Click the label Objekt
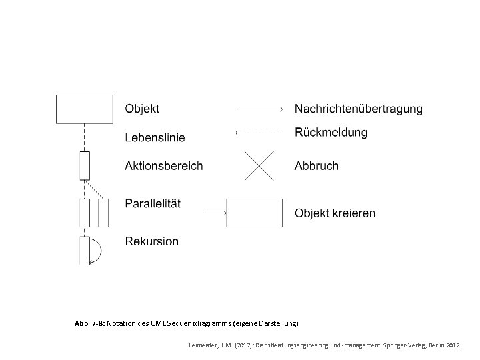click(142, 108)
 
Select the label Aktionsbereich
click(163, 165)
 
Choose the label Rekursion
click(151, 241)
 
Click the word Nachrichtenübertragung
click(358, 108)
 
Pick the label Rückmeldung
click(331, 133)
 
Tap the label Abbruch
click(316, 165)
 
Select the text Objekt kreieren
click(335, 213)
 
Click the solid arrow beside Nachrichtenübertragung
click(259, 108)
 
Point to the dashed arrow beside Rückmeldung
click(259, 133)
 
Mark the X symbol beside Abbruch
click(257, 165)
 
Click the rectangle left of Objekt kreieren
click(254, 213)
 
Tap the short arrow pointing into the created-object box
click(215, 213)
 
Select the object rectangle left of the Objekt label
click(84, 109)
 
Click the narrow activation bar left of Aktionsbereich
click(84, 165)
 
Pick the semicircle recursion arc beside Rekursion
click(96, 250)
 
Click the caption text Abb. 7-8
click(90, 323)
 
